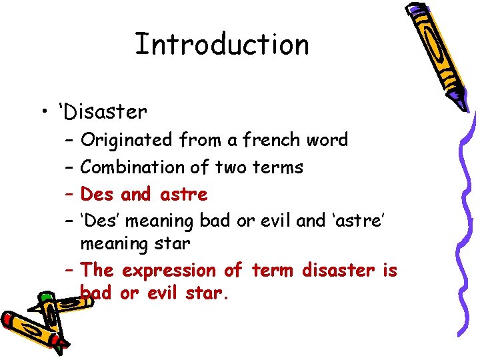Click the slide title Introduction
click(x=221, y=45)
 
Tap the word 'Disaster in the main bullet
click(x=103, y=111)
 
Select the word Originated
click(x=125, y=140)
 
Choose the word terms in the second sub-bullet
click(x=278, y=167)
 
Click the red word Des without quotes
click(x=97, y=195)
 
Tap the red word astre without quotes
click(x=184, y=195)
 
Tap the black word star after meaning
click(x=173, y=244)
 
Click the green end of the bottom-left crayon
click(x=45, y=298)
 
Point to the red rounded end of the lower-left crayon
click(x=9, y=320)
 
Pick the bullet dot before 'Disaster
click(x=44, y=112)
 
